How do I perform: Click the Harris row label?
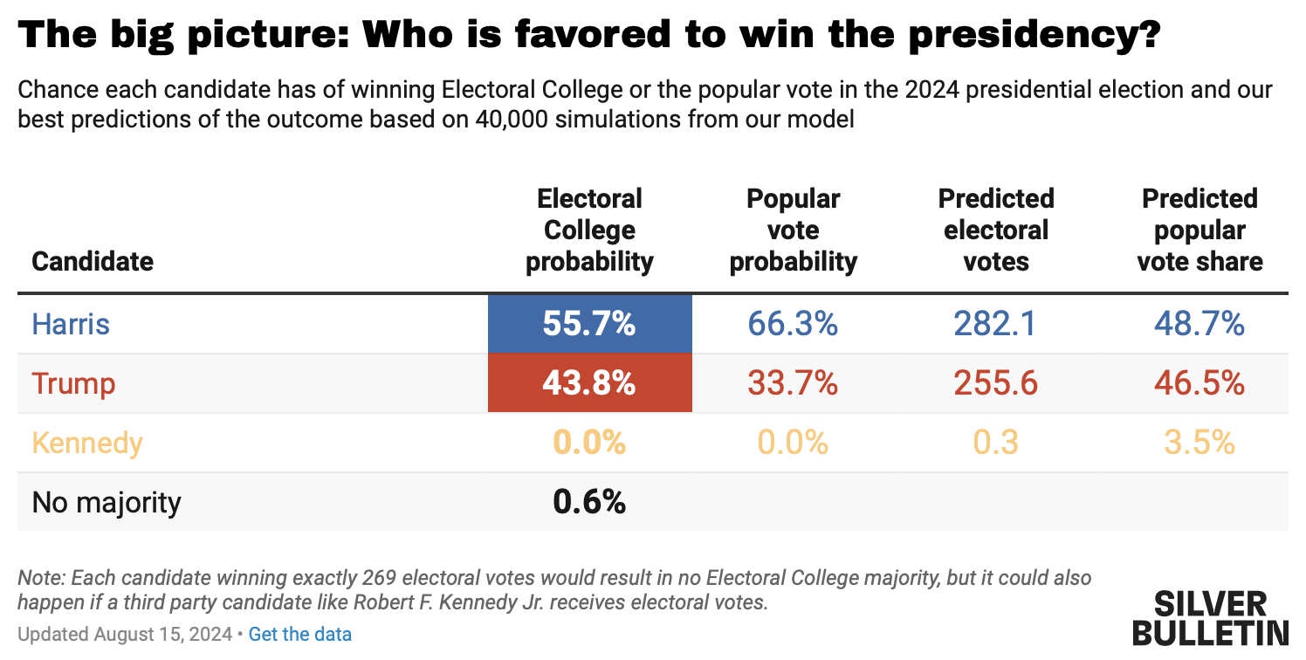pyautogui.click(x=71, y=324)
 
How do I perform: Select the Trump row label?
pyautogui.click(x=73, y=383)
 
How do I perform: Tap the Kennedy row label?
pyautogui.click(x=86, y=443)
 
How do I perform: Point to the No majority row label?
pyautogui.click(x=107, y=502)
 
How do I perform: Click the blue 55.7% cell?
pyautogui.click(x=589, y=324)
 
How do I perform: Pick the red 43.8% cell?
pyautogui.click(x=589, y=383)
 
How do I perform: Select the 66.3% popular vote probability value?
pyautogui.click(x=793, y=324)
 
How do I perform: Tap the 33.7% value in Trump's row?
pyautogui.click(x=793, y=383)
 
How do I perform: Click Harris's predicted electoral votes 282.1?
pyautogui.click(x=996, y=324)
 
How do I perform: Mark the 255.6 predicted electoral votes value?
pyautogui.click(x=996, y=383)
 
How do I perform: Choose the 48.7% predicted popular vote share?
pyautogui.click(x=1199, y=324)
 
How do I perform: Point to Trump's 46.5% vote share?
pyautogui.click(x=1199, y=383)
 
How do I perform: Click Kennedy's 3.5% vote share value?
pyautogui.click(x=1199, y=443)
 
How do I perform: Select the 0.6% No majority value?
pyautogui.click(x=589, y=502)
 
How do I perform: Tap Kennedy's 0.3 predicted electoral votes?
pyautogui.click(x=996, y=443)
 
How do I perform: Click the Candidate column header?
pyautogui.click(x=93, y=261)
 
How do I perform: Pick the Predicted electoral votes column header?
pyautogui.click(x=996, y=230)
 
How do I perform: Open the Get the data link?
pyautogui.click(x=300, y=634)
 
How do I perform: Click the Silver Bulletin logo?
pyautogui.click(x=1221, y=617)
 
